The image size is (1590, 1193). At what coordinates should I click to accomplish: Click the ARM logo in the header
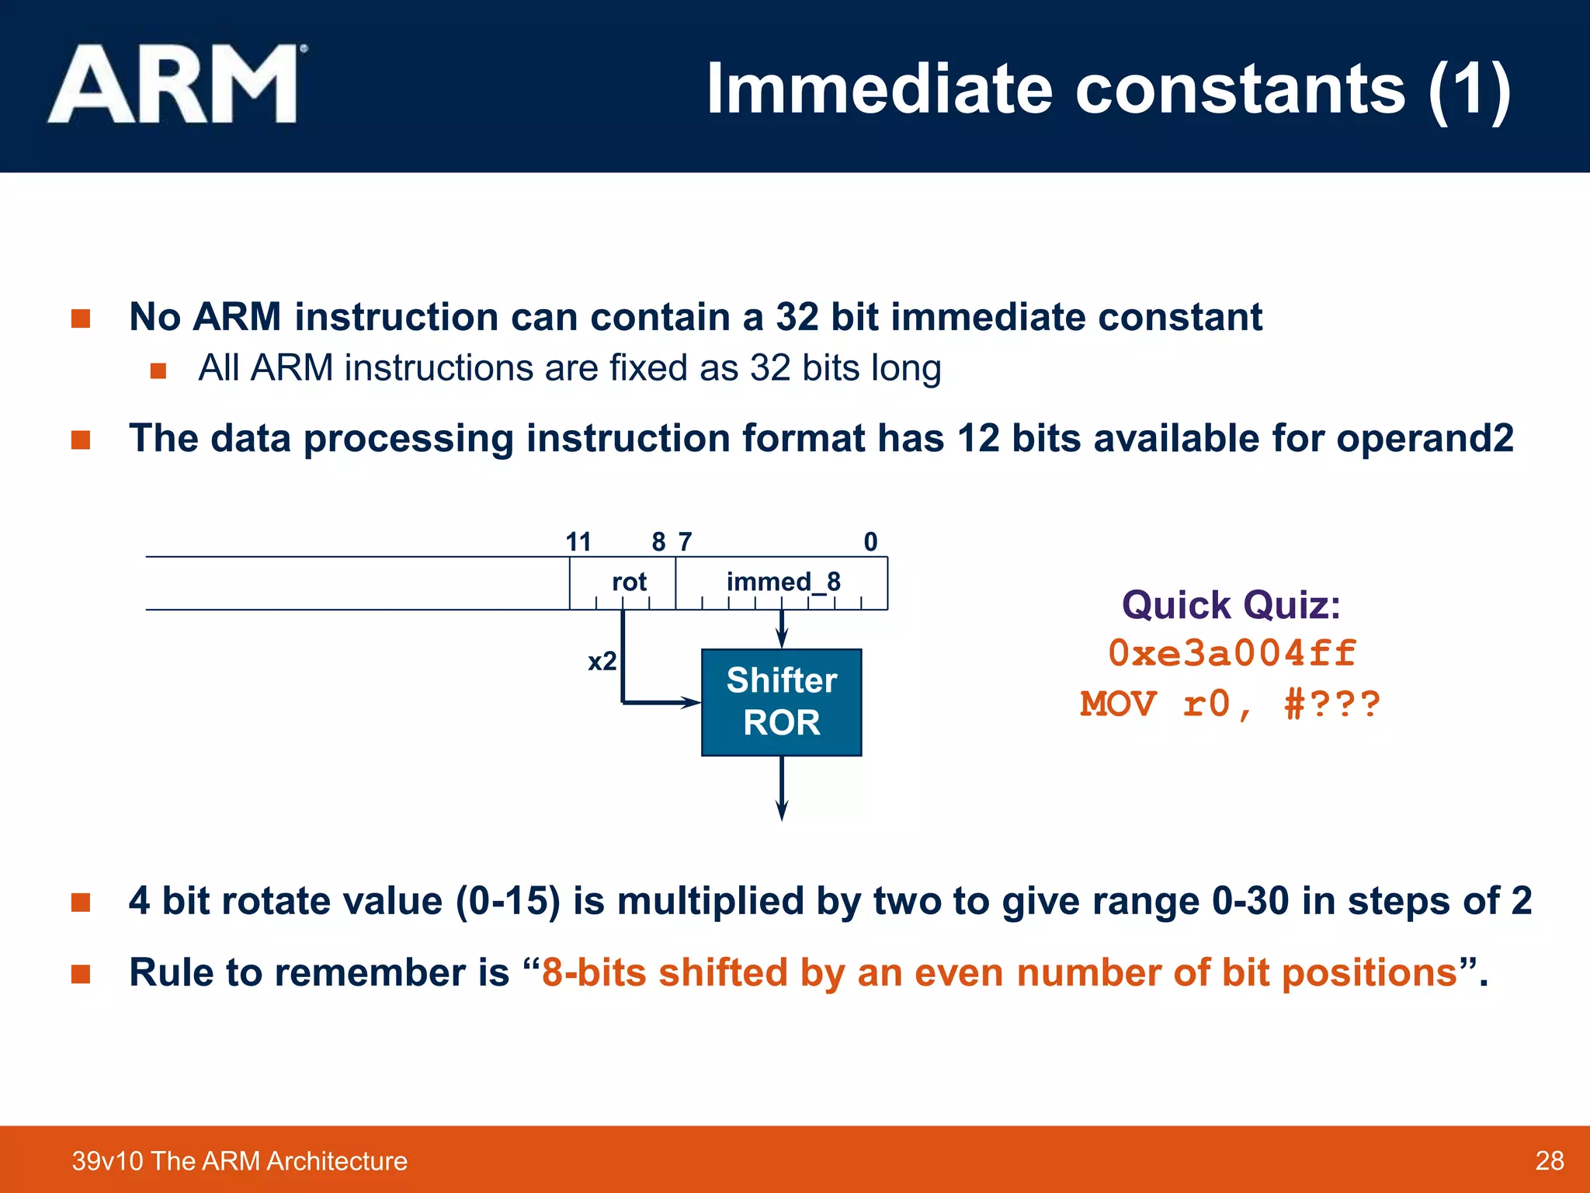pos(175,84)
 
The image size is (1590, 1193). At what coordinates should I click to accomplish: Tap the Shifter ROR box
pos(781,702)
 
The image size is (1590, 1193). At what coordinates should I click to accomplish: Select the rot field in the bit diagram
pos(628,582)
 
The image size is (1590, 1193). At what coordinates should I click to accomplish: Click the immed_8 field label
pos(783,582)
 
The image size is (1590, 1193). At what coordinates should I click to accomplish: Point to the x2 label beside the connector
pos(602,661)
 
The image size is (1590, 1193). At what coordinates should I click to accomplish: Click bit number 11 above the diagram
pos(578,541)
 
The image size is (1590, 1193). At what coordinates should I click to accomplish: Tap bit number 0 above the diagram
pos(870,541)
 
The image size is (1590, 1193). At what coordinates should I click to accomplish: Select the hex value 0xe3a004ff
pos(1231,653)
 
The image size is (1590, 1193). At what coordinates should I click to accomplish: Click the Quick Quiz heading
pos(1231,604)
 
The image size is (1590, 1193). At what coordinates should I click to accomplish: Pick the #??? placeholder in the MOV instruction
pos(1332,704)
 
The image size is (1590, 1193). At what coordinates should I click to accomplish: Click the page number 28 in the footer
pos(1549,1160)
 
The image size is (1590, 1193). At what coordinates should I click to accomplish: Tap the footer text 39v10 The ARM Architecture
pos(239,1160)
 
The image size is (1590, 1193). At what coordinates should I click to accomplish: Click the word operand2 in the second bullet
pos(1425,438)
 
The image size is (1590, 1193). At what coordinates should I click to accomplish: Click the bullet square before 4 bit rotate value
pos(81,902)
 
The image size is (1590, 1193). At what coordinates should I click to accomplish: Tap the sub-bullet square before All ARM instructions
pos(158,370)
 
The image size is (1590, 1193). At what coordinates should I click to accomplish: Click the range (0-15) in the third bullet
pos(508,901)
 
